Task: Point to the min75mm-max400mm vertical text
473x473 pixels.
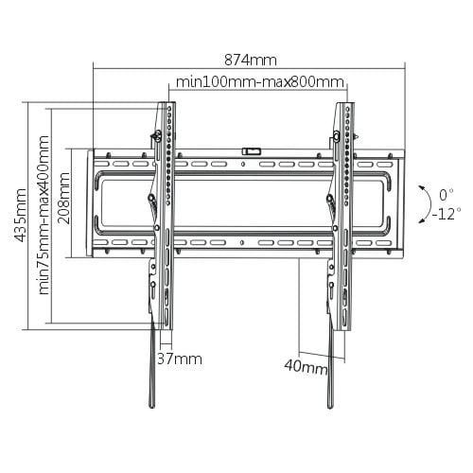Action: coord(44,217)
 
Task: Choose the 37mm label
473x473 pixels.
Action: coord(180,359)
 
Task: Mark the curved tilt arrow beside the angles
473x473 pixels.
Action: coord(420,202)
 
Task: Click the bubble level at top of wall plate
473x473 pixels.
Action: coord(253,149)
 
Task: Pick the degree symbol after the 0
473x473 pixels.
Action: coord(453,192)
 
